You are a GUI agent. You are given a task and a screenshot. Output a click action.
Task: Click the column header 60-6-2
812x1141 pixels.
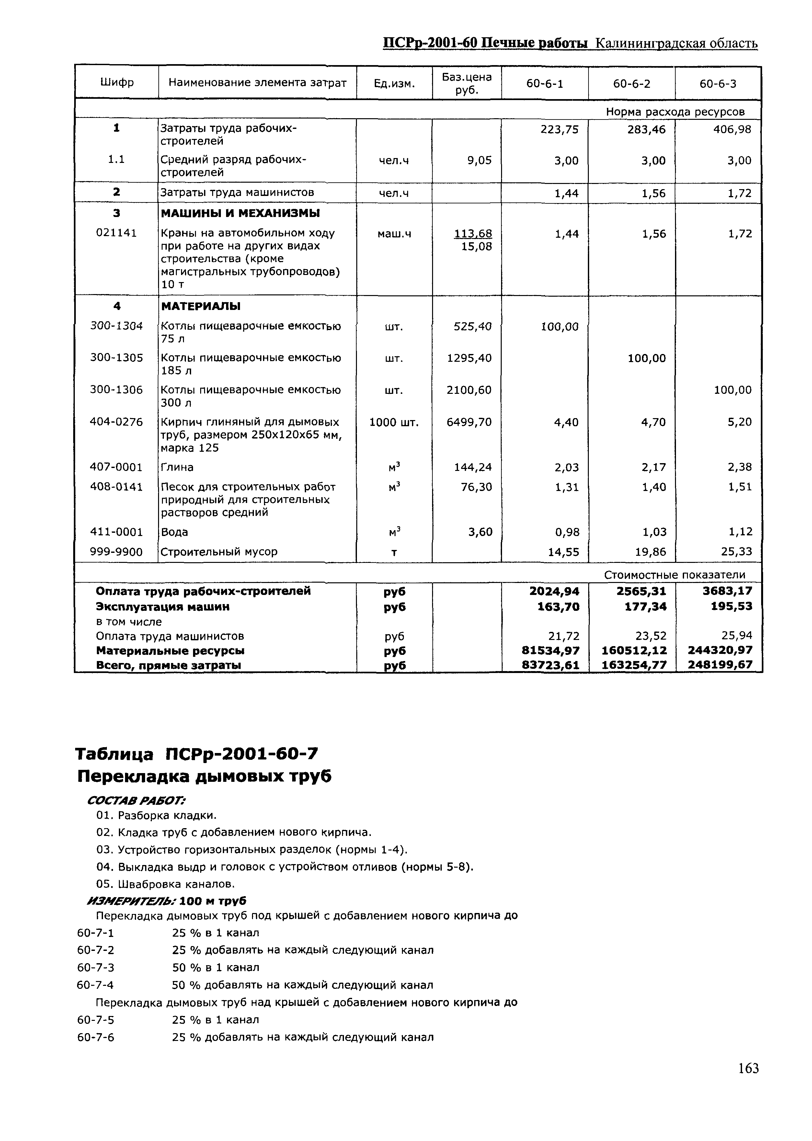point(632,84)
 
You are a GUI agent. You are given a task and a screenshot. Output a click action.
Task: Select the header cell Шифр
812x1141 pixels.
point(117,82)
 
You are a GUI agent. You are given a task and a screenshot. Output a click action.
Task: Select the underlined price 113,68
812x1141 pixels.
point(473,234)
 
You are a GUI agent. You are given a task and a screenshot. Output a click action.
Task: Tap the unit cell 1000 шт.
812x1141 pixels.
point(394,422)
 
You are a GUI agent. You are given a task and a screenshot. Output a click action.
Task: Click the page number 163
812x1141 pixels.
point(748,1068)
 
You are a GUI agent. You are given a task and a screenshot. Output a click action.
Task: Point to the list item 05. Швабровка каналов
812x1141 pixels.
point(165,884)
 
